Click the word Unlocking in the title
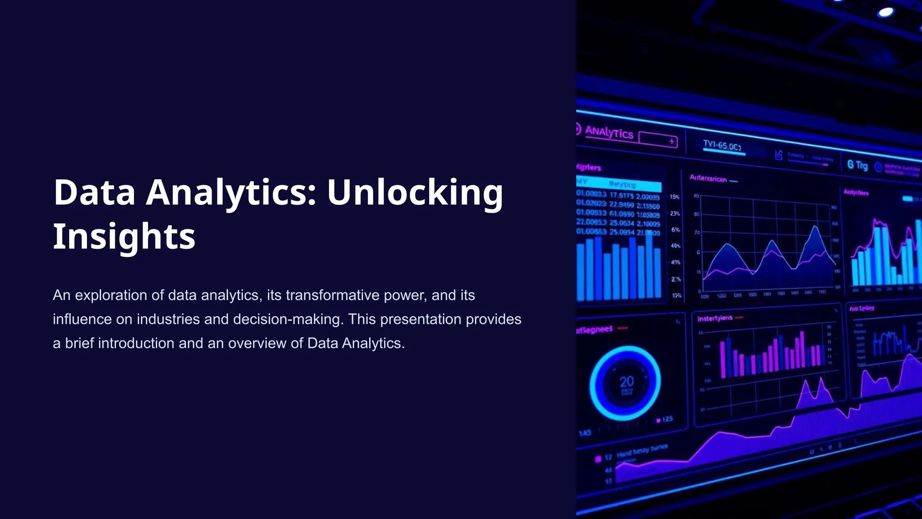415,192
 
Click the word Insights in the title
124,236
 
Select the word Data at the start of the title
95,192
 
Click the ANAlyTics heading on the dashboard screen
609,132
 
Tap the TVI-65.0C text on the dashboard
722,146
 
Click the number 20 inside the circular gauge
626,382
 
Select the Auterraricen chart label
708,179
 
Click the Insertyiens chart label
714,319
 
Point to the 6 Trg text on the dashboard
857,165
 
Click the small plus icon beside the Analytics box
672,141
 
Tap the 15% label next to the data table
674,197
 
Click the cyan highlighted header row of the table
619,184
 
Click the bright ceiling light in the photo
886,12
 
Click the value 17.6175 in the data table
621,196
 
